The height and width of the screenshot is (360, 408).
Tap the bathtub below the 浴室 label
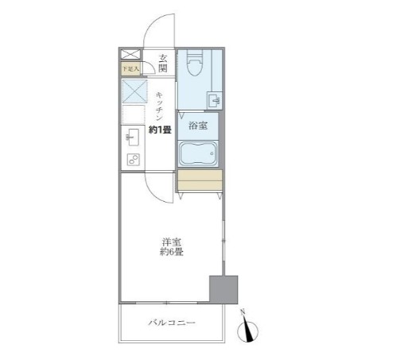[198, 152]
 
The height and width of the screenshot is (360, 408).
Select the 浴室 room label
[197, 125]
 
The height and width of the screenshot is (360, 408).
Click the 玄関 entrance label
[163, 63]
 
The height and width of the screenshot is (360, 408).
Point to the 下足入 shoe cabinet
[129, 69]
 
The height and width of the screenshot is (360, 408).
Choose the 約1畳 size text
[160, 130]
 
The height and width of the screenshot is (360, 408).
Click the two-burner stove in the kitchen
[132, 160]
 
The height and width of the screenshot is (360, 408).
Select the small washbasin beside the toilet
[213, 99]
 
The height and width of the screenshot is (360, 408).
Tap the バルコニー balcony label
[170, 323]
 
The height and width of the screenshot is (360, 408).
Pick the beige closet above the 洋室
[198, 182]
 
